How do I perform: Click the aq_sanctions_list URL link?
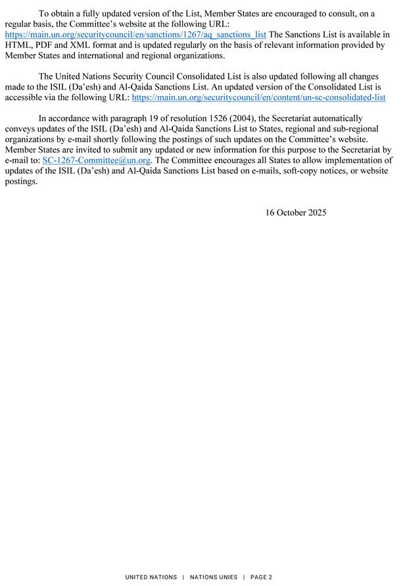point(135,34)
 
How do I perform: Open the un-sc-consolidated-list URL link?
point(259,97)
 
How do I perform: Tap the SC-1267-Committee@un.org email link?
point(97,160)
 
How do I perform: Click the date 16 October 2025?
point(296,212)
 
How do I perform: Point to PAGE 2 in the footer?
point(261,577)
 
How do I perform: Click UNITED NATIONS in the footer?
point(151,577)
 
